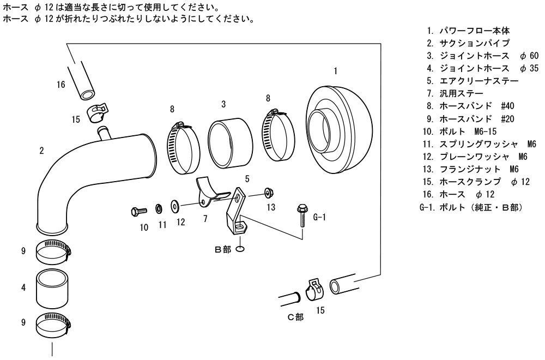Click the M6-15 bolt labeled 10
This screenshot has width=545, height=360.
[139, 209]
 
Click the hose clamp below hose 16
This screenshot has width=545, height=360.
[96, 112]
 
